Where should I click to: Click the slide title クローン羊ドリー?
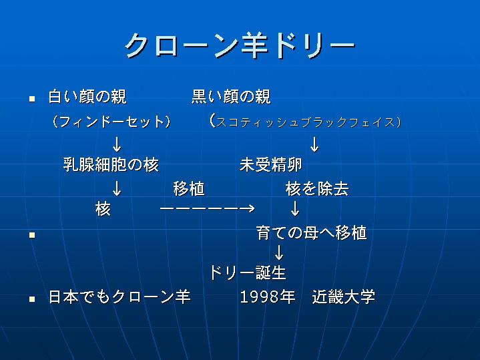point(240,46)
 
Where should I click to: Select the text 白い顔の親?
point(87,97)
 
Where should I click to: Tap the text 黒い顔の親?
point(231,97)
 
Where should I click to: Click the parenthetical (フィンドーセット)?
point(111,122)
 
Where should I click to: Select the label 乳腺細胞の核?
point(111,165)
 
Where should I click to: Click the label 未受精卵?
point(271,165)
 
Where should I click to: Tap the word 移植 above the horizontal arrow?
point(189,188)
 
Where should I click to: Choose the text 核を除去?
point(317,188)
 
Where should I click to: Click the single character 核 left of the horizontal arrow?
point(103,209)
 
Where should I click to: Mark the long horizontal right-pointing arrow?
point(207,208)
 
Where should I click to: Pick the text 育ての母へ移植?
point(312,233)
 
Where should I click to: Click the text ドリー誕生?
point(248,273)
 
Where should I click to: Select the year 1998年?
point(268,297)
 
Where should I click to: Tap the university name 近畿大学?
point(343,297)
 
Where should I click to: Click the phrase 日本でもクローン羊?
point(119,297)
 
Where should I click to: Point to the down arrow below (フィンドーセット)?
point(117,145)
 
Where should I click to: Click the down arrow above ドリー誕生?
point(279,252)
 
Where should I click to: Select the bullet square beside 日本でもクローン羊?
point(32,299)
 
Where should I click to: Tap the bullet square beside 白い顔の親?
point(32,99)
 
